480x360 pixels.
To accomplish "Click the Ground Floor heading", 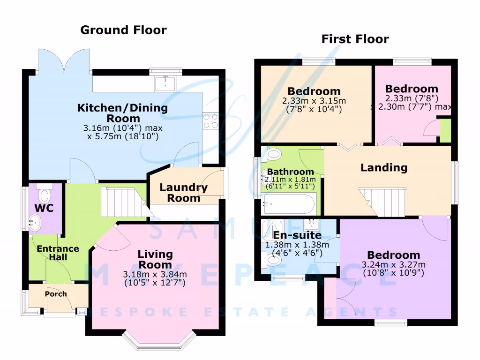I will pos(123,30).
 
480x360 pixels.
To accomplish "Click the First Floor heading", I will pos(355,39).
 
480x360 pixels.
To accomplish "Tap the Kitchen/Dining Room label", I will pos(122,113).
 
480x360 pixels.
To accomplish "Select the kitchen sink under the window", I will pos(165,84).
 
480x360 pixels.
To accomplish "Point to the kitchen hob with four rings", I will pos(210,121).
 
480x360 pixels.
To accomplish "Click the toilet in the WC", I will pos(45,194).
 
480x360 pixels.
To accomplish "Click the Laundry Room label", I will pos(183,193).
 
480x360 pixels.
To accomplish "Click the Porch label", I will pos(56,294).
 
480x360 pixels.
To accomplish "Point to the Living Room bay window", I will pos(160,341).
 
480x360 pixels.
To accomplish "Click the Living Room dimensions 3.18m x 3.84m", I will pos(155,274).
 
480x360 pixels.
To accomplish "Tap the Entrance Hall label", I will pos(58,253).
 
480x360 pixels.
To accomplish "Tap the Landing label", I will pos(383,167).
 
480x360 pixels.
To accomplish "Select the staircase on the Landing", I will pos(381,202).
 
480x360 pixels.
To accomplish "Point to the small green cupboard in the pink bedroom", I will pos(445,131).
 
